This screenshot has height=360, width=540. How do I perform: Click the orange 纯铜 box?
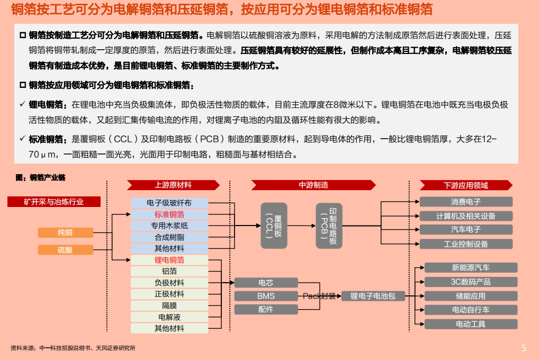coord(65,232)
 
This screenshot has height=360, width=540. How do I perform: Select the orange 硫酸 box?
coord(65,250)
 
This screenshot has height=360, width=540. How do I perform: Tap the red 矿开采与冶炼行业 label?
coord(53,202)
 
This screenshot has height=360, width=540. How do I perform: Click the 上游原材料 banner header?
coord(173,185)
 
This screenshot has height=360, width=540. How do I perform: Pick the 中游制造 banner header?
coord(313,185)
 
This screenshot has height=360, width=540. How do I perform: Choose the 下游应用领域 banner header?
coord(466,185)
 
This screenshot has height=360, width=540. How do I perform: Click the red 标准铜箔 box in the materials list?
coord(169,214)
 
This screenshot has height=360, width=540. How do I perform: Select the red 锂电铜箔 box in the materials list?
coord(169,260)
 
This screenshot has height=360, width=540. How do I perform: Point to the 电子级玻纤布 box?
coord(169,203)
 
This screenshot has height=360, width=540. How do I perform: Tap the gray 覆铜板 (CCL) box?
coord(274,226)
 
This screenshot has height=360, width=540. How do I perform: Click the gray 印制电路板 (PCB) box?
coord(329,226)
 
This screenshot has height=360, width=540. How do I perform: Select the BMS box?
coord(266,296)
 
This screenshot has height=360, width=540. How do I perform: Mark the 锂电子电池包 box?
coord(373,296)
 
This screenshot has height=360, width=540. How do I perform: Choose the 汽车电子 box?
coord(466,229)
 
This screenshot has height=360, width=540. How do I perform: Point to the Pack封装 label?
coord(319,296)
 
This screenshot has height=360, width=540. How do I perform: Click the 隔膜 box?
coord(169,305)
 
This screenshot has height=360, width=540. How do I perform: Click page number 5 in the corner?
coord(524,348)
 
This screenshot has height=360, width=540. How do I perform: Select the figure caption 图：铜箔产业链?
coord(41,177)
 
